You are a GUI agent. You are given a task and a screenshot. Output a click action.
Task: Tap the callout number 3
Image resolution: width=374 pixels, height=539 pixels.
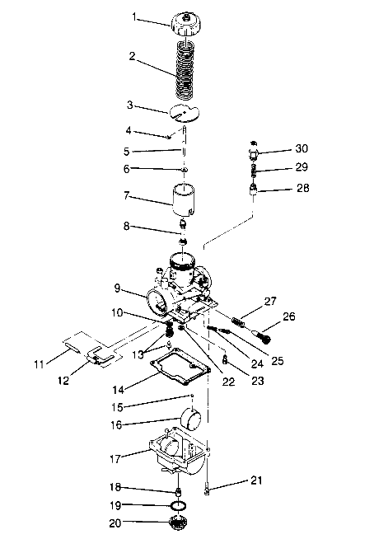coord(129,105)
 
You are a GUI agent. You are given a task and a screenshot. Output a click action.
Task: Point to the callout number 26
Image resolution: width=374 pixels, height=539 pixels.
coord(289,315)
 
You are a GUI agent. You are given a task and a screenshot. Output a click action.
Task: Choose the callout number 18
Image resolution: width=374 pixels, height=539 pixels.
coord(116,488)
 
